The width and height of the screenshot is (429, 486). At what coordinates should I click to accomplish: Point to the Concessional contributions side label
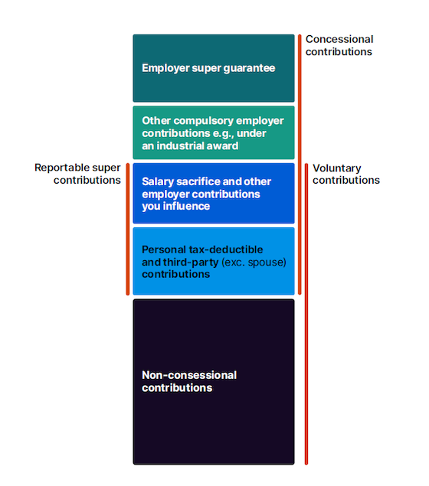(339, 45)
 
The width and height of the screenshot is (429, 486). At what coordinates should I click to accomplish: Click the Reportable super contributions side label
(78, 174)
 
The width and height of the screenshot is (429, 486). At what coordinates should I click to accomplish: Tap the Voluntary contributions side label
(346, 174)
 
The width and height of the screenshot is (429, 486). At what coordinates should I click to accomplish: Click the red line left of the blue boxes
(128, 228)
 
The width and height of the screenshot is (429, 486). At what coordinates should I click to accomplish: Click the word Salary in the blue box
(159, 181)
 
